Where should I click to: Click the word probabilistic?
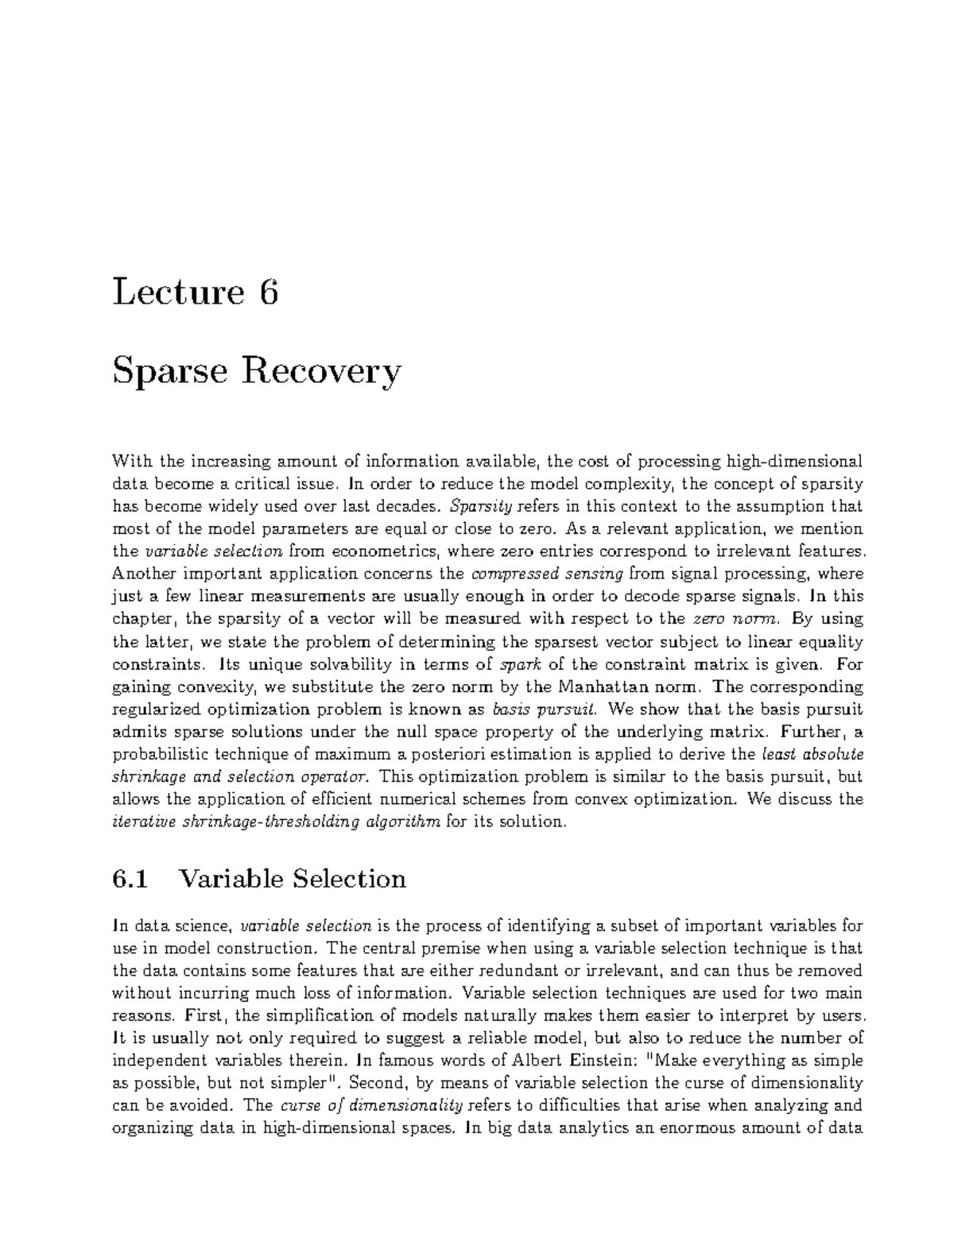point(161,753)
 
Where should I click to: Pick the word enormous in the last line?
point(699,1128)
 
